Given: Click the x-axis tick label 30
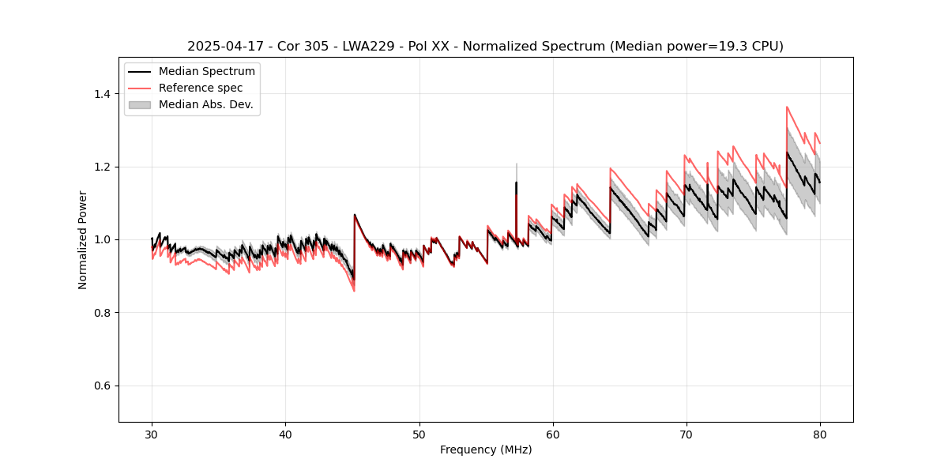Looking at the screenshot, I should click(152, 434).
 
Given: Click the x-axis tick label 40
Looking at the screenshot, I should click(285, 434).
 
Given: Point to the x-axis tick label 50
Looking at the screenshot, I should click(419, 434).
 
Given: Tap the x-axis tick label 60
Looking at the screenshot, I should click(552, 434).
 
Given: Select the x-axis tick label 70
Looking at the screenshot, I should click(686, 434).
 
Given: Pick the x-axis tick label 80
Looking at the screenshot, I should click(819, 434).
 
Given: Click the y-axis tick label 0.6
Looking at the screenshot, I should click(102, 386).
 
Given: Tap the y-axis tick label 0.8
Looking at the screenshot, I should click(102, 313).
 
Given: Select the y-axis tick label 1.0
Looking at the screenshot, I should click(102, 239).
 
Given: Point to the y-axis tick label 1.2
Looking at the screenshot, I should click(102, 167).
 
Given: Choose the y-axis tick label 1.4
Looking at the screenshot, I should click(102, 94).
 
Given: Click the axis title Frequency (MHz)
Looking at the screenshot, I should click(486, 450).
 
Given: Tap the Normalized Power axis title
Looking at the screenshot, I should click(83, 239).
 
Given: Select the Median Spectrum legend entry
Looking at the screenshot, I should click(206, 72).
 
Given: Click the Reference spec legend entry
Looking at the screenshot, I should click(201, 88).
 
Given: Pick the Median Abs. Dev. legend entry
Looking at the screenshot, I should click(205, 104).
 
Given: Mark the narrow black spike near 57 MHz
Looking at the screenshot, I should click(516, 184).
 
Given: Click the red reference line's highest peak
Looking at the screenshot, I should click(787, 107).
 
